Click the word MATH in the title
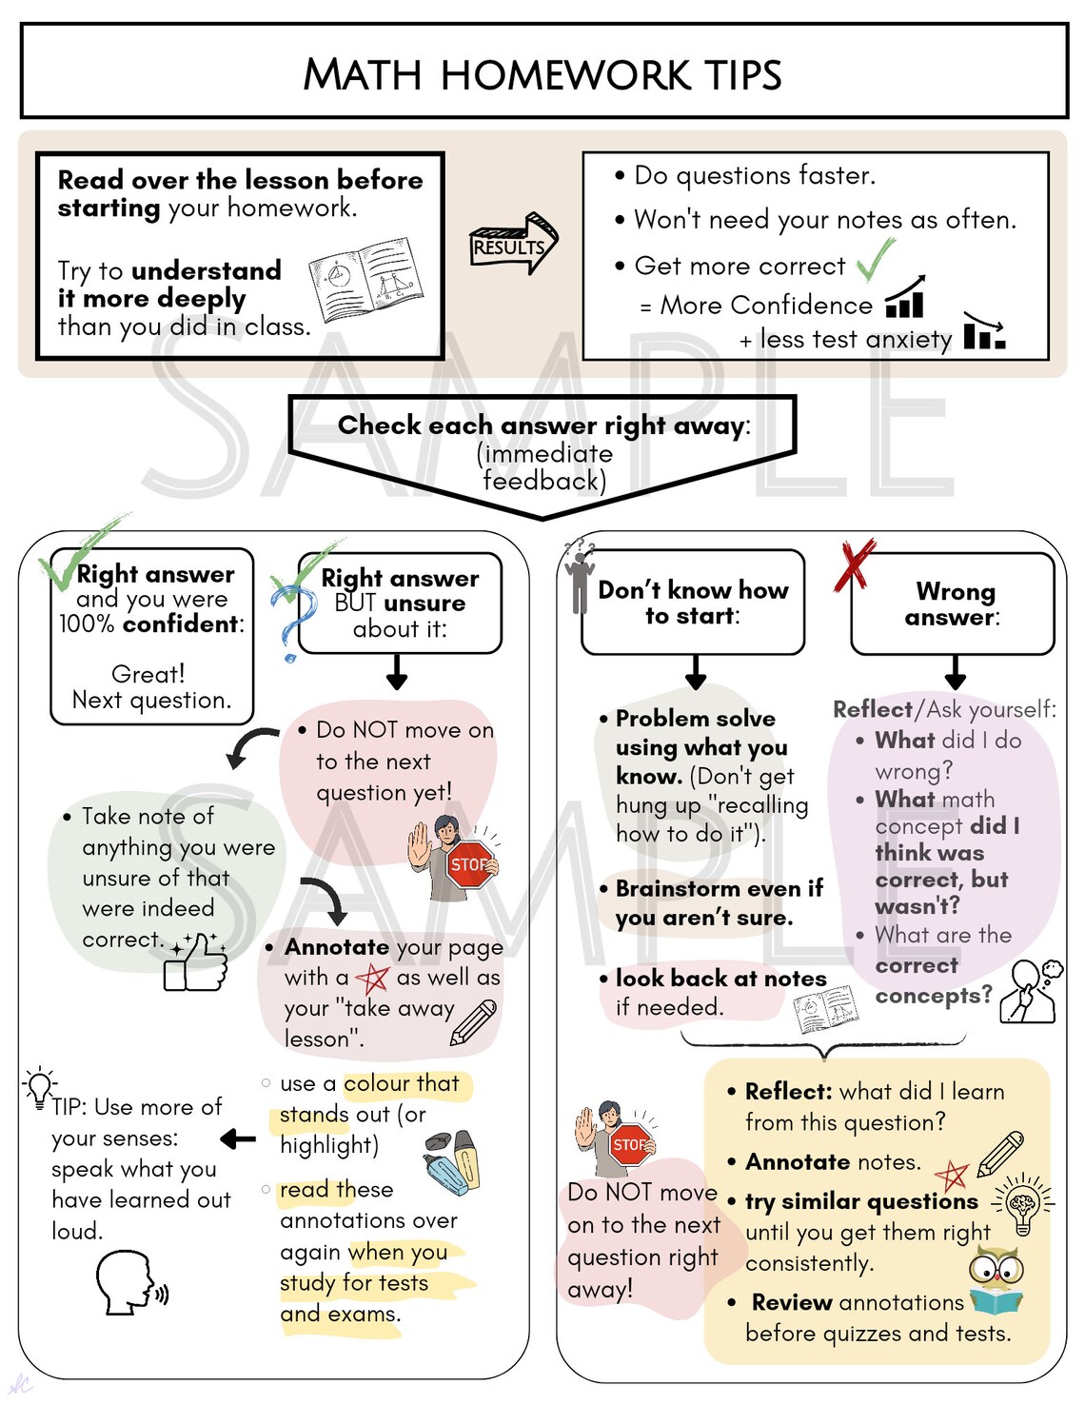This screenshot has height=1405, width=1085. point(362,75)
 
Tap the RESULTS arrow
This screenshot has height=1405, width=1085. point(513,245)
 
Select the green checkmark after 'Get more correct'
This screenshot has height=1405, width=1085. point(875,259)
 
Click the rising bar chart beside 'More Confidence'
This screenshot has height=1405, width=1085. point(906,298)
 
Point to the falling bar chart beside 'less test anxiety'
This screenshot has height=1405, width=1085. point(984,331)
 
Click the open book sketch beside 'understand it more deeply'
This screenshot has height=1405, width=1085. point(366,280)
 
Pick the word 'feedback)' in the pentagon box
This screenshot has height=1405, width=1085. point(543,481)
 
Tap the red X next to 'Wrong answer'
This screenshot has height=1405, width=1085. point(854,564)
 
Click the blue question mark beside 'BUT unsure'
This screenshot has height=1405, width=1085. point(294,621)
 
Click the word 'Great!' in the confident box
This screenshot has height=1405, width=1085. point(148,674)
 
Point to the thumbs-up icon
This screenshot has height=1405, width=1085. point(196,962)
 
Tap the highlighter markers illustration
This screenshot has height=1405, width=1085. point(453,1160)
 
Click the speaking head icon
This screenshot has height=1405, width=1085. point(129,1283)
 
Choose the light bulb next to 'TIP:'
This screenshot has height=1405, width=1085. point(39,1086)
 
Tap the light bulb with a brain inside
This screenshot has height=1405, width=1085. point(1023,1204)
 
